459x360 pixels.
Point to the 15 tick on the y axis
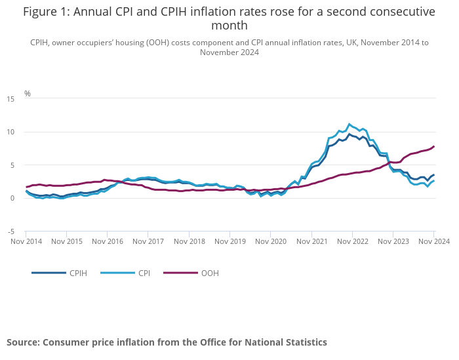tap(10, 99)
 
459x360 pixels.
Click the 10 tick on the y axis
tap(10, 132)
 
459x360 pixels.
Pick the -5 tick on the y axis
tap(11, 231)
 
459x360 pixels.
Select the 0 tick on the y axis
tap(12, 198)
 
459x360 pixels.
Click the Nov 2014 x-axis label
tap(26, 242)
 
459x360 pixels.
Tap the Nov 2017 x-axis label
tap(148, 242)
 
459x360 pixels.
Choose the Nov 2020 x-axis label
tap(271, 242)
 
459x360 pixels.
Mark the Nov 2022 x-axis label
tap(352, 242)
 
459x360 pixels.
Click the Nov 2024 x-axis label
tap(433, 242)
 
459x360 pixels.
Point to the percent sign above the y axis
tap(28, 94)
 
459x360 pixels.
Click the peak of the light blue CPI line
tap(349, 123)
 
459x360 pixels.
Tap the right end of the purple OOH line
tap(434, 146)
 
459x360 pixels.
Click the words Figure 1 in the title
tap(48, 12)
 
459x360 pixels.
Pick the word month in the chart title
tap(229, 26)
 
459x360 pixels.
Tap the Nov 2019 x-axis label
tap(230, 242)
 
